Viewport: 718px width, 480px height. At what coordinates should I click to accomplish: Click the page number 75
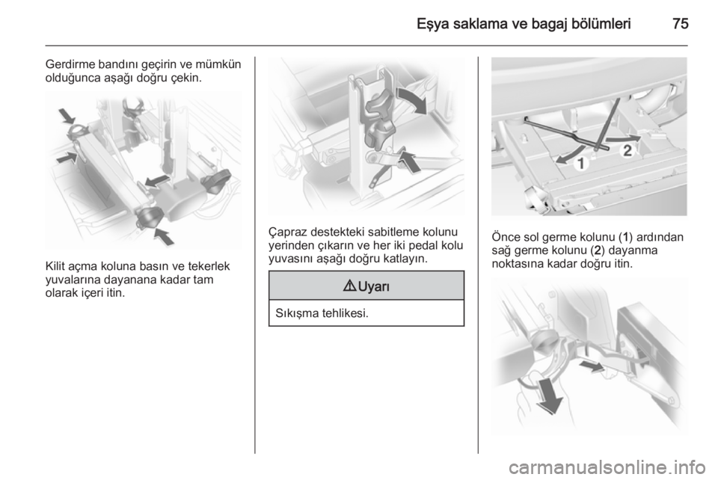tap(681, 24)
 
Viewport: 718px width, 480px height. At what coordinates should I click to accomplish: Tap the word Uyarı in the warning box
tap(374, 286)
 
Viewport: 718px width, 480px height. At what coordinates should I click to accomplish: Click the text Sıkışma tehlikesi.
tap(322, 313)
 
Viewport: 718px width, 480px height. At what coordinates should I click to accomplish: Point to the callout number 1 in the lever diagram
tap(581, 163)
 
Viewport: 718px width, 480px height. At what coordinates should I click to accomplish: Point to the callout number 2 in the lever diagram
tap(628, 150)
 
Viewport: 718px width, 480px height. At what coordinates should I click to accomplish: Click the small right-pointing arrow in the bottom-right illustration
tap(591, 366)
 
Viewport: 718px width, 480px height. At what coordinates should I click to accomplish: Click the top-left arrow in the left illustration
tap(67, 116)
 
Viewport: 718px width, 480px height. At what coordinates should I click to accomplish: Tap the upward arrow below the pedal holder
tap(409, 160)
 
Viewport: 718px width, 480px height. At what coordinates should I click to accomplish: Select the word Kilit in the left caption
tap(56, 266)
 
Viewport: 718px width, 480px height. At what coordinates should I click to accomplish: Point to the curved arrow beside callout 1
tap(570, 154)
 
